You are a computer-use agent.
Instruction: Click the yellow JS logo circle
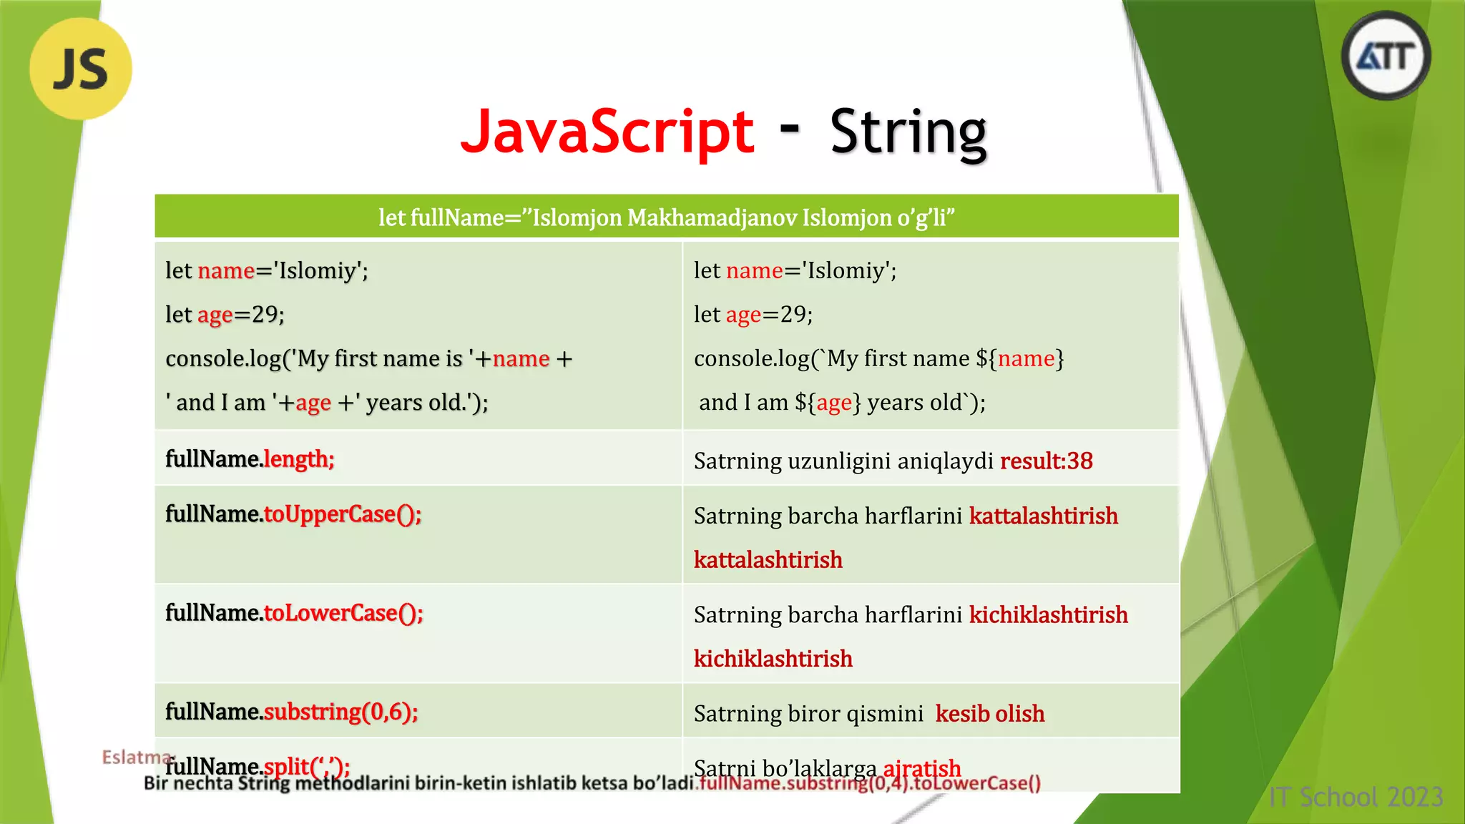point(81,69)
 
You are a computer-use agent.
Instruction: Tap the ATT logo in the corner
point(1386,57)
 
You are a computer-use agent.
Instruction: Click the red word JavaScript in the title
point(607,132)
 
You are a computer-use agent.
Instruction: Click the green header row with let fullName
point(666,217)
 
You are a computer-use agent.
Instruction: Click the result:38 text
point(1046,461)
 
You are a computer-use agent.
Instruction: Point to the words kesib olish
point(989,714)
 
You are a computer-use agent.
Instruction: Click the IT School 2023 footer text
point(1356,797)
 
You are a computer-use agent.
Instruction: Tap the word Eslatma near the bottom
point(136,757)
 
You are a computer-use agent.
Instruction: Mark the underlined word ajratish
point(921,768)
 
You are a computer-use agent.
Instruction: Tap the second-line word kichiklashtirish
point(773,659)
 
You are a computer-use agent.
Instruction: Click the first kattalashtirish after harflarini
point(1043,516)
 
